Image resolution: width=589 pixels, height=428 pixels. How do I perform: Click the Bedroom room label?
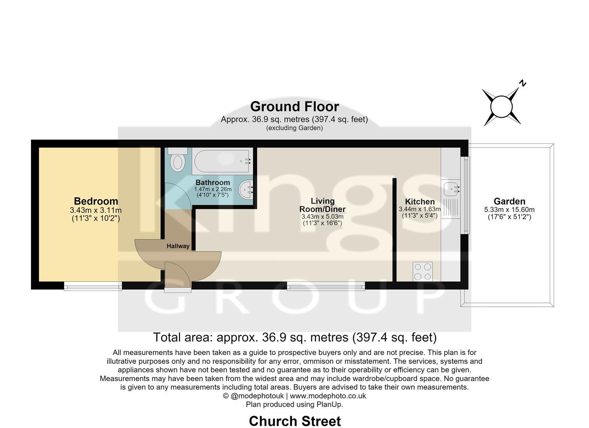pos(96,201)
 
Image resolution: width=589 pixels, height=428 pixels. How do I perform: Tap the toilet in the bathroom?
pos(178,160)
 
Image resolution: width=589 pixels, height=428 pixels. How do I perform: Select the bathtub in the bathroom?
pos(222,161)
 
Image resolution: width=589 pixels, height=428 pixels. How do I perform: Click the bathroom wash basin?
pos(246,189)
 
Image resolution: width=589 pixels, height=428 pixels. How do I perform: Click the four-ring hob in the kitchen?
pos(422,271)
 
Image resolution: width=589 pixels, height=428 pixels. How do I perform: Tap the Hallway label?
pos(178,246)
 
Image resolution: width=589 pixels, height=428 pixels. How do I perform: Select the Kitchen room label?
pos(420,202)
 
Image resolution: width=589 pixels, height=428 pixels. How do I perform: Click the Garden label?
pos(509,202)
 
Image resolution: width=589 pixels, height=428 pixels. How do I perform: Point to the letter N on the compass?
pos(523,83)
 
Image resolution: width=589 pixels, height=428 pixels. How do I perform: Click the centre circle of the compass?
pos(501,107)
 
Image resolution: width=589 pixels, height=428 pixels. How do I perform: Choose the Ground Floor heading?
pos(294,107)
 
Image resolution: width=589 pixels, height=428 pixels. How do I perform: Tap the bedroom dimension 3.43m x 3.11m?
pos(96,210)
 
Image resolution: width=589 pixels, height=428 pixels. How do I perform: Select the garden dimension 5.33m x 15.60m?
pos(509,210)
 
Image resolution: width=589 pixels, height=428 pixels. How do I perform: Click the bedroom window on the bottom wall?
pos(93,286)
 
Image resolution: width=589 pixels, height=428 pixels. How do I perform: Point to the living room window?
pos(326,286)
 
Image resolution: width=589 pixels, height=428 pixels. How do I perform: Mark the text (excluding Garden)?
pos(294,128)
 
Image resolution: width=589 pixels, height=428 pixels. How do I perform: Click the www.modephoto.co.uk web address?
pos(328,396)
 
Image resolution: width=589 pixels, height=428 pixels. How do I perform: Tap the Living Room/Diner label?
pos(322,205)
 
